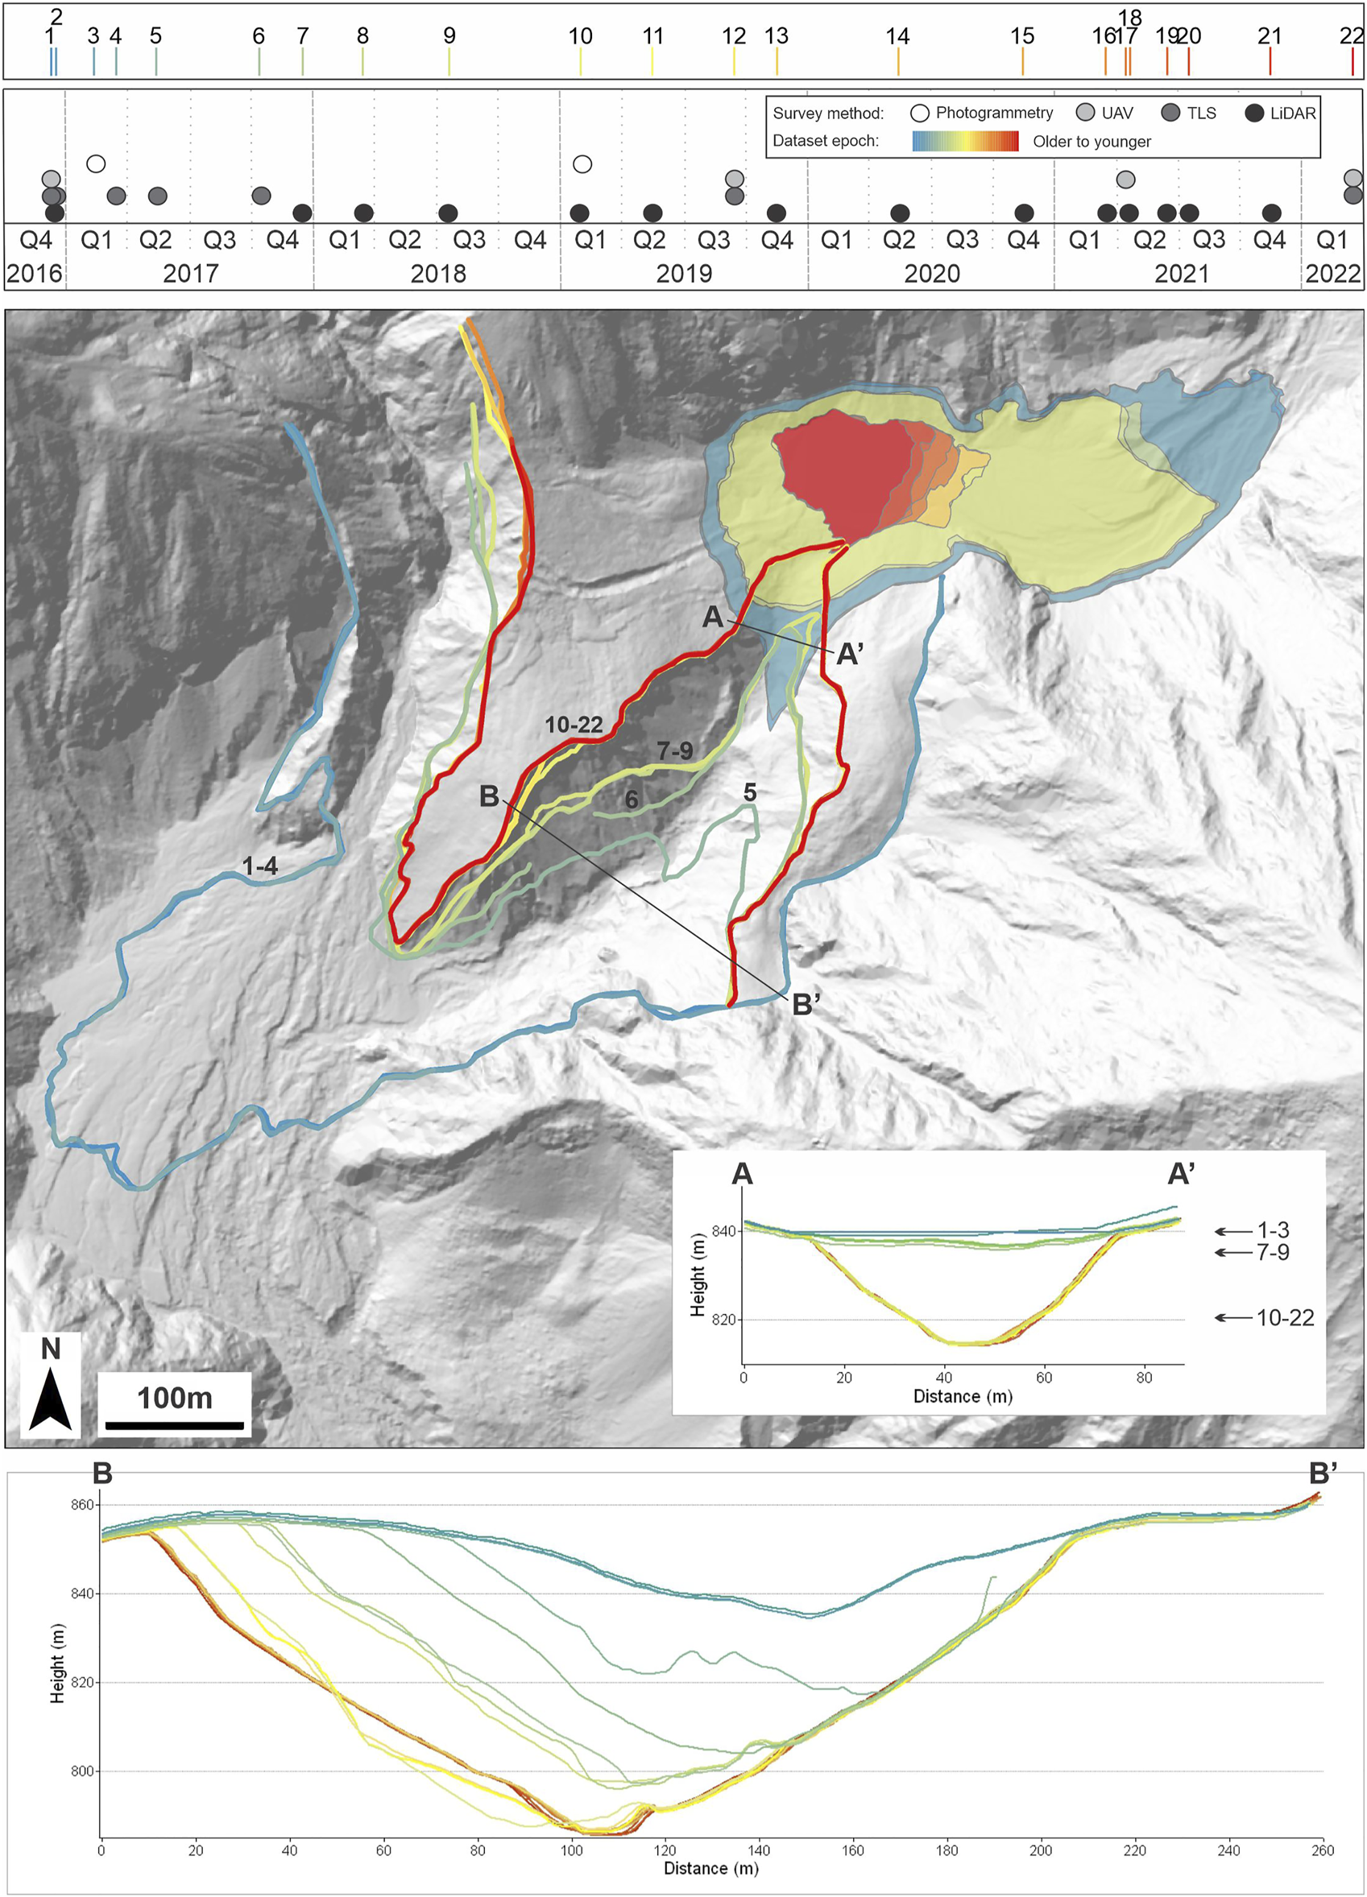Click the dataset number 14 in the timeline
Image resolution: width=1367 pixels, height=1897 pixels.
pos(897,36)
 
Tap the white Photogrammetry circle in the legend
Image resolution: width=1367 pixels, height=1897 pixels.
pos(920,113)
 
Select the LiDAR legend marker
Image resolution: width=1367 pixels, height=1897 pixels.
pos(1254,113)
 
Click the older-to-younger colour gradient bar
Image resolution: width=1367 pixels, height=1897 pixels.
pos(964,141)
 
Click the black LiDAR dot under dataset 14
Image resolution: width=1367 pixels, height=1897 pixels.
pos(899,213)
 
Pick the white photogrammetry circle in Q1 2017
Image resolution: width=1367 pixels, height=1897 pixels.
pos(96,163)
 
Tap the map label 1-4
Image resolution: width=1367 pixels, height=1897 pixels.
pos(259,866)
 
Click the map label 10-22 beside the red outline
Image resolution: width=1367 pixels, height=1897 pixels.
pos(574,725)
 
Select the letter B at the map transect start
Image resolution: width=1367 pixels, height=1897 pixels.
pos(490,796)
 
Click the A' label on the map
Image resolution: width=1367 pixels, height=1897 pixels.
pos(850,654)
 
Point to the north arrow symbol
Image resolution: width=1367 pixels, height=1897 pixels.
pos(50,1398)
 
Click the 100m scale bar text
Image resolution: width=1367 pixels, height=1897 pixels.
pos(175,1398)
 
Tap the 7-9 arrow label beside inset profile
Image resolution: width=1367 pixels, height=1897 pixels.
pos(1273,1252)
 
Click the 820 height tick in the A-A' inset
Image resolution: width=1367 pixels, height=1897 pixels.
pos(723,1319)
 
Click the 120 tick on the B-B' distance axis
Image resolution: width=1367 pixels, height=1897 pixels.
pos(666,1849)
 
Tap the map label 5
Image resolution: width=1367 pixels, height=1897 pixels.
pos(750,792)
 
